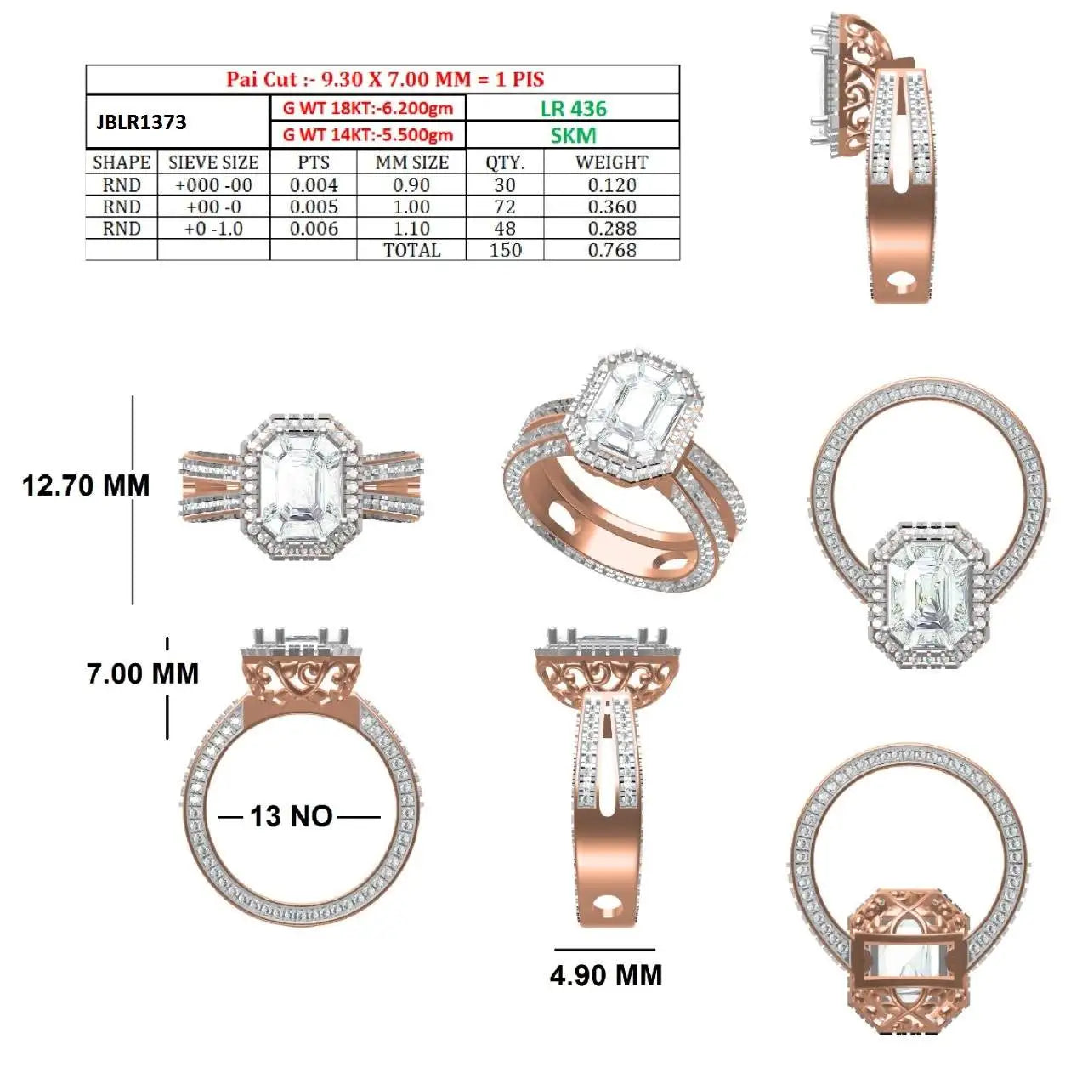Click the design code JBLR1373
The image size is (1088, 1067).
(141, 122)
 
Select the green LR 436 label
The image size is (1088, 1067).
(573, 108)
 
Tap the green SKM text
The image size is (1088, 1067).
(573, 135)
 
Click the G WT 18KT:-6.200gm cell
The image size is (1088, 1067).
(368, 108)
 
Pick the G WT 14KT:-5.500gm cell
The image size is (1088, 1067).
(368, 135)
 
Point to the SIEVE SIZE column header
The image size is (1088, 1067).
(213, 162)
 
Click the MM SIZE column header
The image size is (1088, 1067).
(411, 162)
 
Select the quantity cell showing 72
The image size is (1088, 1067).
(505, 207)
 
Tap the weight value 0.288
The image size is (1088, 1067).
(612, 228)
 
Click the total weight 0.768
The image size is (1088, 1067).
(612, 250)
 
